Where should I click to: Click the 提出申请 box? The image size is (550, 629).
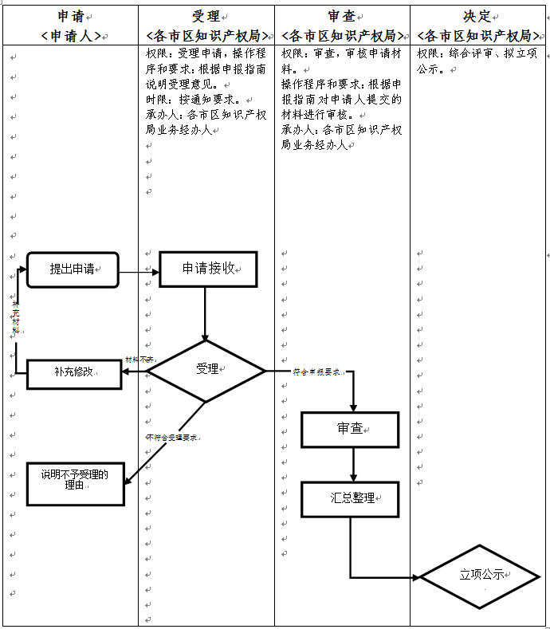coord(73,269)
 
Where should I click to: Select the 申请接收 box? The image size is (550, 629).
coord(208,269)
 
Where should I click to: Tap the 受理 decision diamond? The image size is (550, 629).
coord(207,370)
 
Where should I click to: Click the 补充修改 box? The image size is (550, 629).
coord(74,373)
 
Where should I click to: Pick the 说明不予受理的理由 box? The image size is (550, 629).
coord(75,482)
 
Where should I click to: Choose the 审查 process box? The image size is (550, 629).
coord(350,430)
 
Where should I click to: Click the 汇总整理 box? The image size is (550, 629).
coord(350,498)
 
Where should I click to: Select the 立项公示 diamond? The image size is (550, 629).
coord(481,575)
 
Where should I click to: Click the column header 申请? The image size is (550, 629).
coord(72,17)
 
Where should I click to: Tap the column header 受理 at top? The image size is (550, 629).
coord(206,17)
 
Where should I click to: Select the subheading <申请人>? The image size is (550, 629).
coord(71,36)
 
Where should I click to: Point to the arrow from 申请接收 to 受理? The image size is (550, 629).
coord(206,313)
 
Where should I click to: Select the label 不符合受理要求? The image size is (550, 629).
coord(171,438)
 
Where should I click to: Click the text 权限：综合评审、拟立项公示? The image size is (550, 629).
coord(477,61)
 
